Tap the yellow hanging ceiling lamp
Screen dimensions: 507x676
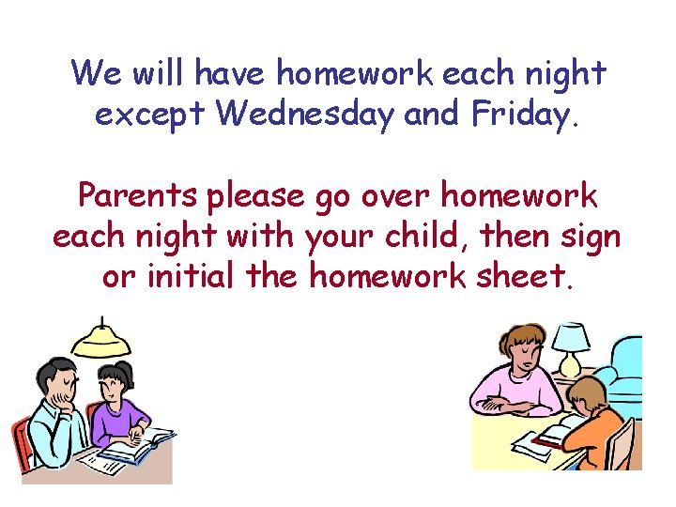[x=101, y=344]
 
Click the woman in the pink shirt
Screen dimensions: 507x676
[x=512, y=376]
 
